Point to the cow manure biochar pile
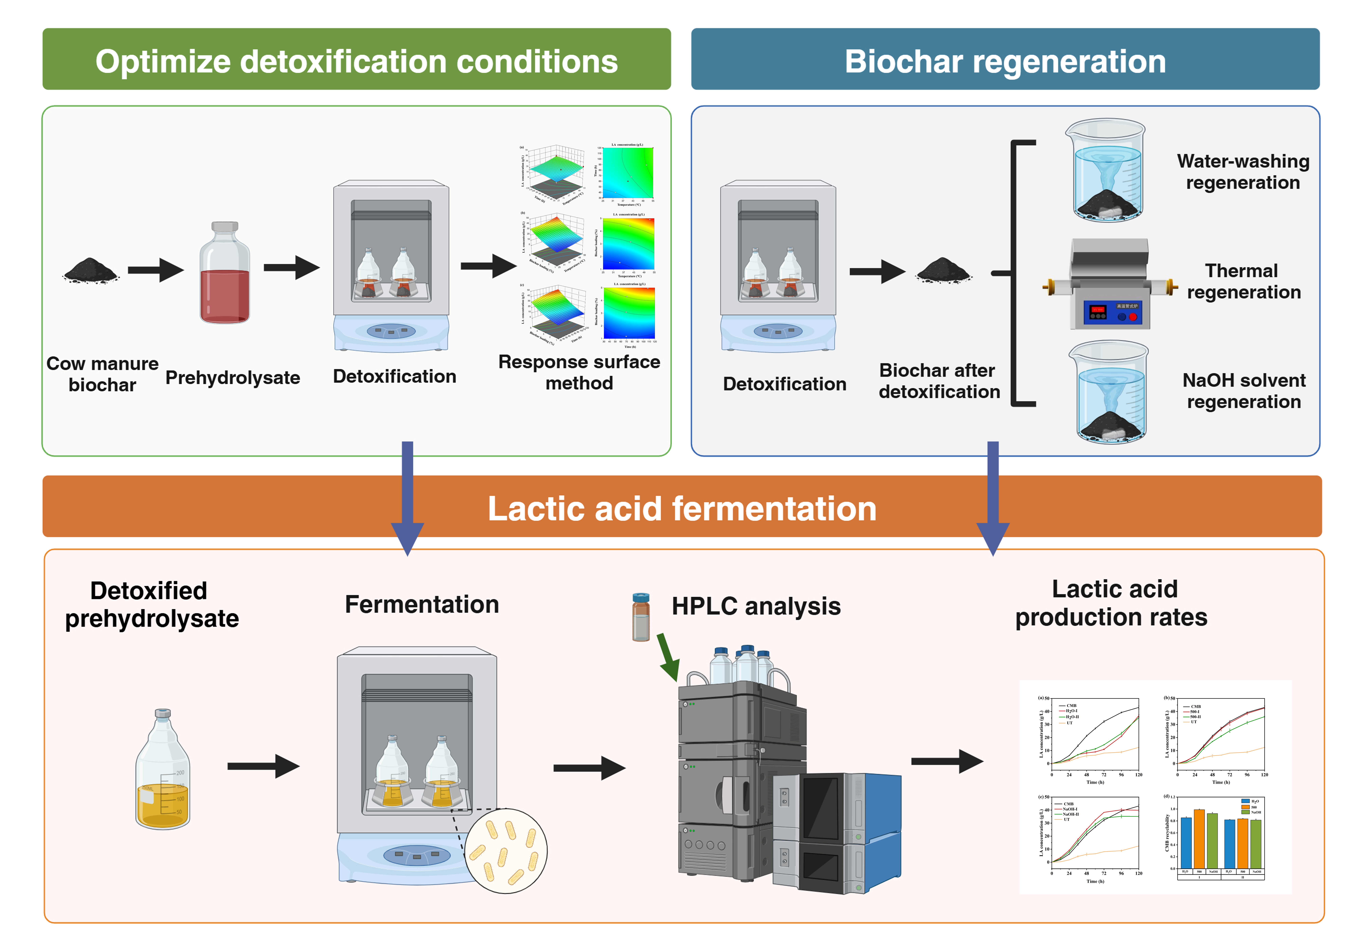click(90, 271)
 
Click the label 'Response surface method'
click(579, 372)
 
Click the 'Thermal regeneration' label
click(1243, 281)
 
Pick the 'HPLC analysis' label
click(756, 606)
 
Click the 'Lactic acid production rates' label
click(1111, 603)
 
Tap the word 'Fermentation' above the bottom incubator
click(421, 604)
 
